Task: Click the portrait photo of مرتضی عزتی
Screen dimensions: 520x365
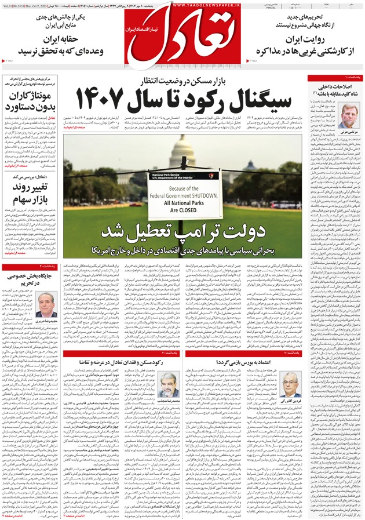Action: click(x=348, y=115)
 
